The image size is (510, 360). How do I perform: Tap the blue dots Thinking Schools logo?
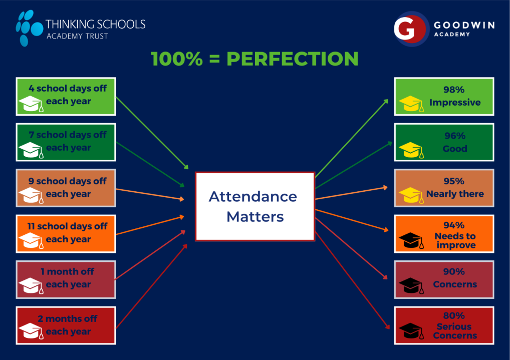29,28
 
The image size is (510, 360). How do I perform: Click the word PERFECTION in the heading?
293,59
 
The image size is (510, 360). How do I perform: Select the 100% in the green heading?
177,59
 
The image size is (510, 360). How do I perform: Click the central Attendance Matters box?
255,206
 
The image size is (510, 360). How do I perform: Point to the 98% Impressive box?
444,96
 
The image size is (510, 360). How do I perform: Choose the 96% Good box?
444,142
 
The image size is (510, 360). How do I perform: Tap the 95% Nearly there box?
444,188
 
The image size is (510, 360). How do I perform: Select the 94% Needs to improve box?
444,234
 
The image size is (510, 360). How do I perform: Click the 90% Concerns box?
444,280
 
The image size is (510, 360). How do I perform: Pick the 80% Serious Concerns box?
444,325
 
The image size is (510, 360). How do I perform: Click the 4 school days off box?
66,96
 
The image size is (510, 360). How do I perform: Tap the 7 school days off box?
66,142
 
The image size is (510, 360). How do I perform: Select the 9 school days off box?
66,188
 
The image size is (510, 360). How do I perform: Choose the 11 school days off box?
66,234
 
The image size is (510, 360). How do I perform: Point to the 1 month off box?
66,280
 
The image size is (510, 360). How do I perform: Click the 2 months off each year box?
66,325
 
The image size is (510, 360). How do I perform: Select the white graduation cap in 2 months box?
31,331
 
